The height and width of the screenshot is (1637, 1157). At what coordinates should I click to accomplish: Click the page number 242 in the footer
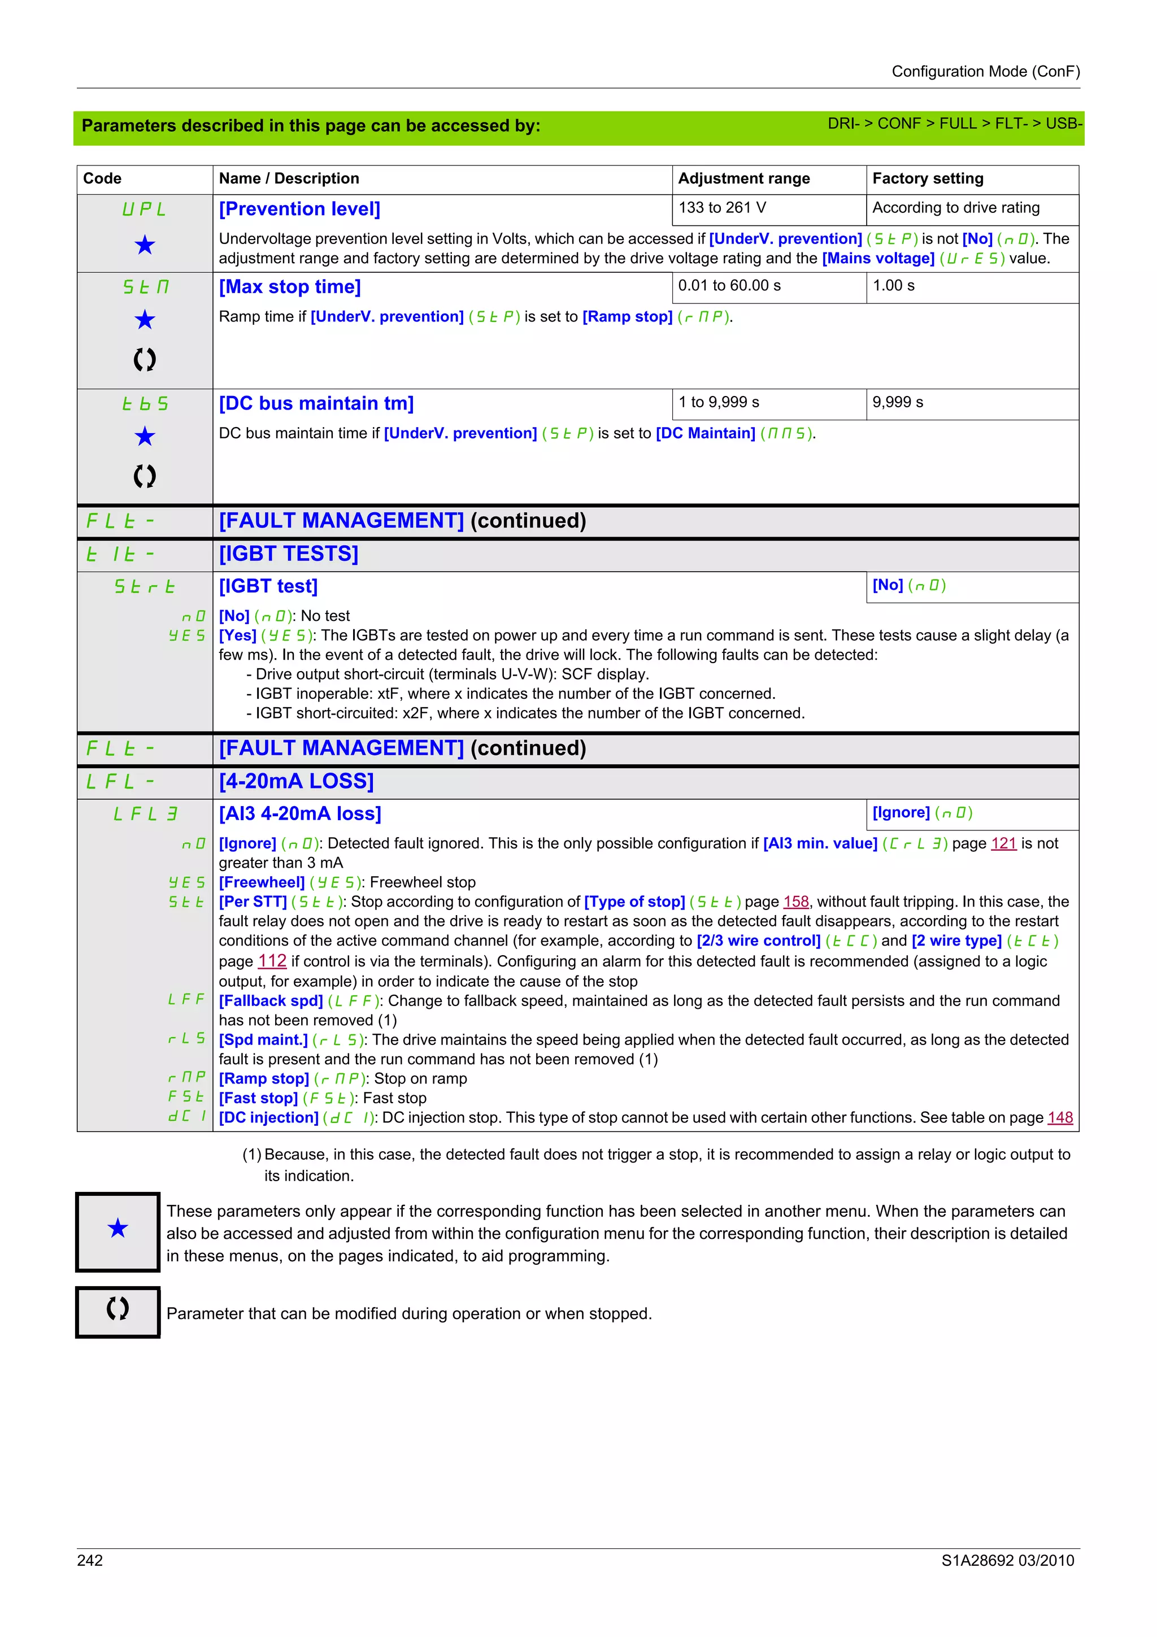90,1560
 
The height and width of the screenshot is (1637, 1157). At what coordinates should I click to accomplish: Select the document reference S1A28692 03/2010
1007,1560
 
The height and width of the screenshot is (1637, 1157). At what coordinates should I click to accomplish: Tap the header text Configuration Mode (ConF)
985,71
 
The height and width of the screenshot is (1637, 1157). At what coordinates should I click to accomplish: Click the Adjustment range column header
743,178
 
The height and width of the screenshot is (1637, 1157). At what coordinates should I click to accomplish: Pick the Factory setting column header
928,178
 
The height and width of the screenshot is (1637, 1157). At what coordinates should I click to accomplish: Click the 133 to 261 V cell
722,207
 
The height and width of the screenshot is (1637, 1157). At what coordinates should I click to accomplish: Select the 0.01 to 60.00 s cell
729,285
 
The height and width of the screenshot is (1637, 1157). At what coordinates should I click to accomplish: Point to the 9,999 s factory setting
898,402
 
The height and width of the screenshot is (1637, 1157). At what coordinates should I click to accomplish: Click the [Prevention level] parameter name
299,209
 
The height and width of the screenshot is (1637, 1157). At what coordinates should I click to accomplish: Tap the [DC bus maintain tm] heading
316,403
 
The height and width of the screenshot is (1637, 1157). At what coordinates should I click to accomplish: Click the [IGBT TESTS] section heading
288,554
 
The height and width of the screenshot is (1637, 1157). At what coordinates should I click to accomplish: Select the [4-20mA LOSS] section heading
296,781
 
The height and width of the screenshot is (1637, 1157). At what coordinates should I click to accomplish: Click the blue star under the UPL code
145,245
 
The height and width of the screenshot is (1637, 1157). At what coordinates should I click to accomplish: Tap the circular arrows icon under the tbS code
145,476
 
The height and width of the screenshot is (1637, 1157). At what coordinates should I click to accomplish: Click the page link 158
795,902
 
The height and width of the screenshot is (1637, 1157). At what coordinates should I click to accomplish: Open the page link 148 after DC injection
1059,1117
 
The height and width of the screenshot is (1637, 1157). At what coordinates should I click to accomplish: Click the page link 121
1003,843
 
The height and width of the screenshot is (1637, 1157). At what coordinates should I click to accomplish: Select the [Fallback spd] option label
271,1000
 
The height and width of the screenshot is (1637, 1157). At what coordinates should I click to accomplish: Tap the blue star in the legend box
118,1228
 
